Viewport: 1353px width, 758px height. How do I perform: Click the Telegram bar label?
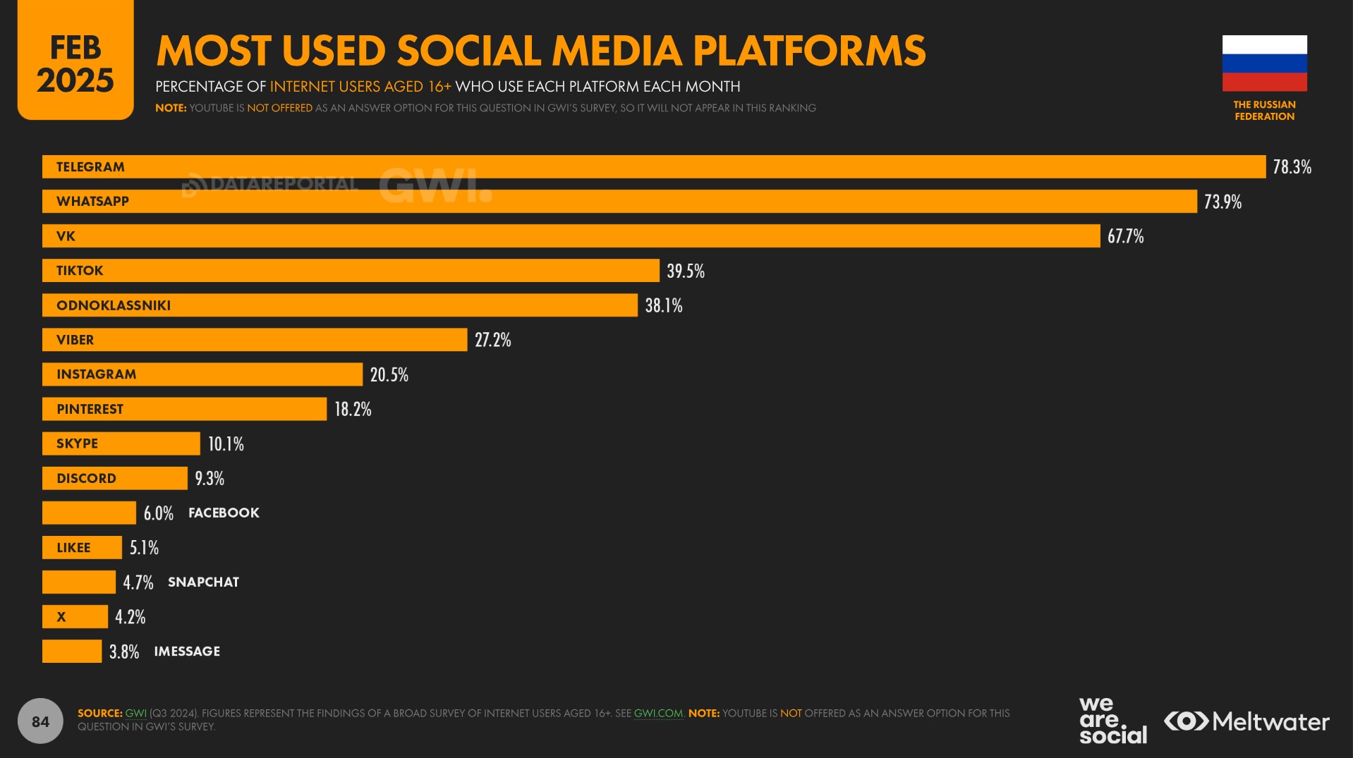click(90, 167)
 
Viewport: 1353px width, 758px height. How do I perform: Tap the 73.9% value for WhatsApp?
click(1222, 202)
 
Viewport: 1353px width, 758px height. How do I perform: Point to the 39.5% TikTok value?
click(685, 271)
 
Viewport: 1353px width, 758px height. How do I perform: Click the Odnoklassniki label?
click(114, 305)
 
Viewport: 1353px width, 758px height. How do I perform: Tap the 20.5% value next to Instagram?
click(389, 374)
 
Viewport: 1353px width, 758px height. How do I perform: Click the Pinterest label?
click(90, 409)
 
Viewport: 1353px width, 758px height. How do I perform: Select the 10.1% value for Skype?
click(226, 444)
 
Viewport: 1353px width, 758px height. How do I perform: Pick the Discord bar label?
click(86, 478)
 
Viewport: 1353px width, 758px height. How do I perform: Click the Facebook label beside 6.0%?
click(224, 513)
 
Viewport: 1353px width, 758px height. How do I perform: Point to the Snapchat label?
click(203, 582)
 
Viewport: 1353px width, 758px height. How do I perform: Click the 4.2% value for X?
click(131, 617)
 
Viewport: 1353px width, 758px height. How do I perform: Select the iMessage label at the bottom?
click(187, 652)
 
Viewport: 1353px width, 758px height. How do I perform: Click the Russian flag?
click(1264, 63)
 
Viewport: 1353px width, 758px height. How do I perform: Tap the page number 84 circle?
click(40, 721)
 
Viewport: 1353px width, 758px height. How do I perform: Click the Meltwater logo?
click(1246, 721)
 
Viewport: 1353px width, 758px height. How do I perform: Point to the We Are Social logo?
click(1112, 720)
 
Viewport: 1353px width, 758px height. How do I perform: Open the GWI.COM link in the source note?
click(658, 713)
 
